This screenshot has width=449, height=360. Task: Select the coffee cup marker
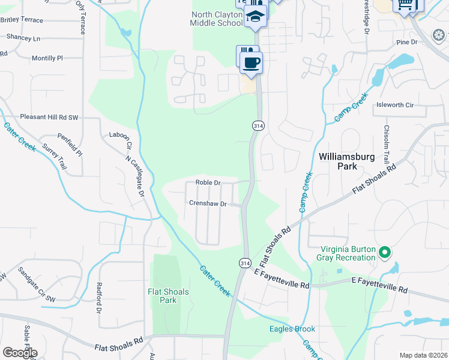point(252,62)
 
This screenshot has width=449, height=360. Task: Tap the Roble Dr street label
point(208,183)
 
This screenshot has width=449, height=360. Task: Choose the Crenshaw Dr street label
point(207,204)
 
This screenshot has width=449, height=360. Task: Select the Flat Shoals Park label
point(168,296)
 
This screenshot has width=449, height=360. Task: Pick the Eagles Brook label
point(292,329)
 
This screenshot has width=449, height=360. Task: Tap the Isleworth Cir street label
point(394,105)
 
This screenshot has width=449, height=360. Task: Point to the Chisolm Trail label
point(387,146)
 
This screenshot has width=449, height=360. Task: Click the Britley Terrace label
point(22,20)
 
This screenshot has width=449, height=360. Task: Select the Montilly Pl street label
point(47,58)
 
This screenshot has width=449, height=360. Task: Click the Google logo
point(20,352)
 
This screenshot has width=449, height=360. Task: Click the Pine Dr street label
point(406,42)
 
